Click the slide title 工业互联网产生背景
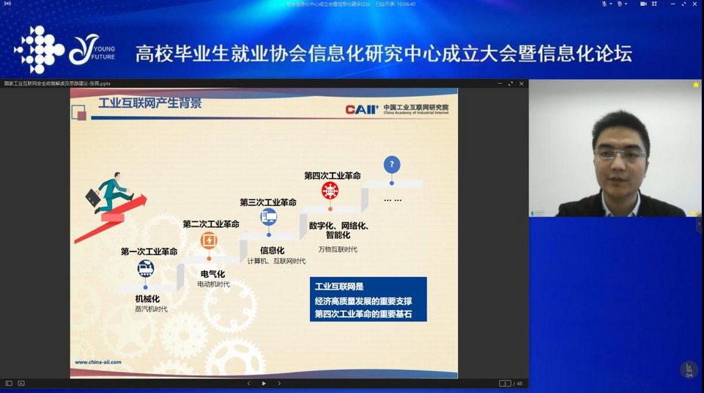(x=149, y=103)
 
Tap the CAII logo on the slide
(x=362, y=109)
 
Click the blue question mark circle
(x=392, y=164)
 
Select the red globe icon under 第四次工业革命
(x=330, y=191)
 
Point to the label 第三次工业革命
(x=268, y=202)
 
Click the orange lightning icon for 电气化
(x=209, y=240)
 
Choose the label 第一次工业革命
(x=149, y=251)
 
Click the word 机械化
(x=147, y=298)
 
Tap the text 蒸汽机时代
(x=151, y=309)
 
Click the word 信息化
(x=272, y=251)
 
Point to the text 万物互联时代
(x=338, y=249)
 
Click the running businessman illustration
(x=114, y=192)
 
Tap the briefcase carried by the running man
(x=93, y=197)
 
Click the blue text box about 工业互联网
(x=368, y=299)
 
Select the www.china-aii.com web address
(x=98, y=361)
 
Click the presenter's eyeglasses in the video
(x=619, y=155)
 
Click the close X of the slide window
(x=522, y=84)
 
